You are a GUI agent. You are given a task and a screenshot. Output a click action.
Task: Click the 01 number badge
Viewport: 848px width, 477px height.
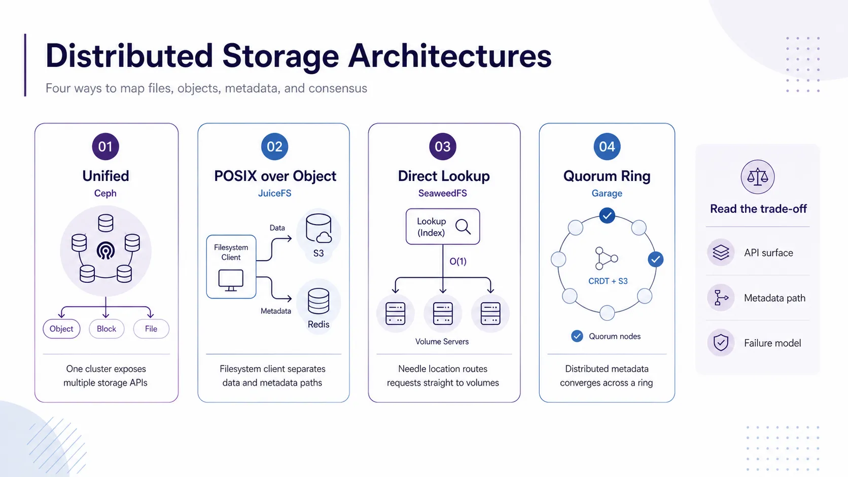point(105,146)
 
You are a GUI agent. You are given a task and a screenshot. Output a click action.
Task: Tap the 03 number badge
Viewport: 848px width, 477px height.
point(443,146)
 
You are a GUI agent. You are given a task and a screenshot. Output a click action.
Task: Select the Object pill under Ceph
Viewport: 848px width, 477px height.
point(61,328)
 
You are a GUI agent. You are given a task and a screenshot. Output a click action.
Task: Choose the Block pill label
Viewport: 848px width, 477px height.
point(107,328)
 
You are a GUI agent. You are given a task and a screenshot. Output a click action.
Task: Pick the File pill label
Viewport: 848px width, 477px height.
point(151,328)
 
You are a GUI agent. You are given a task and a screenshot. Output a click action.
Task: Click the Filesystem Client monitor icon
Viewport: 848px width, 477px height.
point(231,280)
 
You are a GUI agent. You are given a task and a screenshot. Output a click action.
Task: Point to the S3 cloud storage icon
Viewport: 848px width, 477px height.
point(319,228)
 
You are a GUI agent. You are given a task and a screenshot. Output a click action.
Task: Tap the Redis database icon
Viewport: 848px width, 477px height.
point(319,301)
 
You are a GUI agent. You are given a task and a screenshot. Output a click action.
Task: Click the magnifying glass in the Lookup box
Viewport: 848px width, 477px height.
point(463,227)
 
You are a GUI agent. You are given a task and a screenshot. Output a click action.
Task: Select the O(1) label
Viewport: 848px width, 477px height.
point(457,262)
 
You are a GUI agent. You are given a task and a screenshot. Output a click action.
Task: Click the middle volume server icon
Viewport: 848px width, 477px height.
point(443,314)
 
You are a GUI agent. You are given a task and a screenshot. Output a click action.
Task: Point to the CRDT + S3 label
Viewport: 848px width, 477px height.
point(608,281)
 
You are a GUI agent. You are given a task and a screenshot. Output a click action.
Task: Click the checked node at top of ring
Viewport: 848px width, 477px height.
point(607,215)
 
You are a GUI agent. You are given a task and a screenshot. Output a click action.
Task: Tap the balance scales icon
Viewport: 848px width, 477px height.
point(758,176)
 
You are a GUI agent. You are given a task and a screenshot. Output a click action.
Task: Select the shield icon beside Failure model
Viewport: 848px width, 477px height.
point(721,343)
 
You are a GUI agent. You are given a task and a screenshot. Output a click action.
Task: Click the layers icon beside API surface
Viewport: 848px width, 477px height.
point(721,252)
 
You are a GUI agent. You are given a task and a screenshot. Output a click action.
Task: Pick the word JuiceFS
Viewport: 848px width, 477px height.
point(274,193)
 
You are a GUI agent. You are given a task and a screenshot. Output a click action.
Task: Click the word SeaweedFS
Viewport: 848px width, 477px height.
point(443,193)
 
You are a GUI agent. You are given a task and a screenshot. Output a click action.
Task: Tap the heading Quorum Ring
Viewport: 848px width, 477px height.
point(607,176)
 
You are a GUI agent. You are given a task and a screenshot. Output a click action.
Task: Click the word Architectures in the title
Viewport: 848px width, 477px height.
point(450,56)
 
